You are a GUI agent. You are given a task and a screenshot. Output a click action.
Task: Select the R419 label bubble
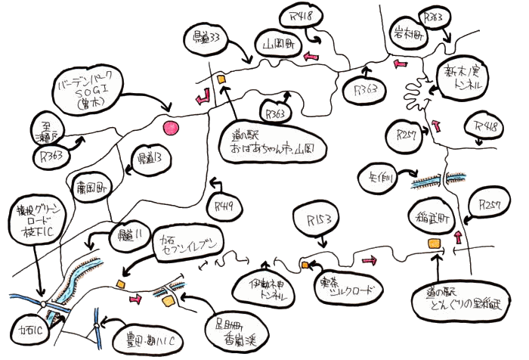[x=223, y=203]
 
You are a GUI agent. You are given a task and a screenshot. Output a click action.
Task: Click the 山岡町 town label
[x=277, y=45]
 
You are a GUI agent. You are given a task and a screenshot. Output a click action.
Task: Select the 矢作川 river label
[x=377, y=175]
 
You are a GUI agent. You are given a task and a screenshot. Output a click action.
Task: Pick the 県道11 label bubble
[x=129, y=235]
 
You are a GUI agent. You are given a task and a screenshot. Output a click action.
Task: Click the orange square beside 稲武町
[x=434, y=243]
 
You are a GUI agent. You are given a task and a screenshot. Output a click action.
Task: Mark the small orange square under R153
[x=305, y=265]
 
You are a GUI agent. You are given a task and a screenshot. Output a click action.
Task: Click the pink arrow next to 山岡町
[x=310, y=56]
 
